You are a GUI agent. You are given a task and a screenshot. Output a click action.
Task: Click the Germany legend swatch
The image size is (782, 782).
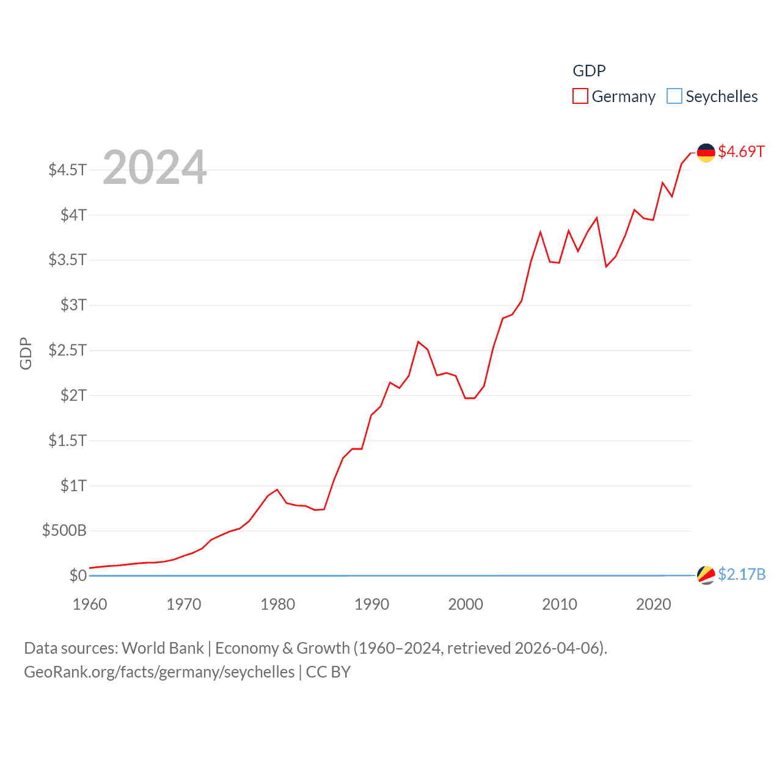[x=580, y=97]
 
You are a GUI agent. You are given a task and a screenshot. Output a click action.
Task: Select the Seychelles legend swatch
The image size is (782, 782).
[x=674, y=97]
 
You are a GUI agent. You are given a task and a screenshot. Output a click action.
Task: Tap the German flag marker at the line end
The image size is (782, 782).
[x=706, y=152]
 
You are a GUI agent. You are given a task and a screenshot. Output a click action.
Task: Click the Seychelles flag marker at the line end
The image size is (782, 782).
[x=706, y=575]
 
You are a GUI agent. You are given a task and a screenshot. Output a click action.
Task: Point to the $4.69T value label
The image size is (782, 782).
[x=741, y=152]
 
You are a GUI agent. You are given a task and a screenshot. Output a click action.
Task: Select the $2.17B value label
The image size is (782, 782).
[x=742, y=574]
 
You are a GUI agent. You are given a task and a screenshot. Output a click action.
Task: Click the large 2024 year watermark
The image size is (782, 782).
[x=155, y=167]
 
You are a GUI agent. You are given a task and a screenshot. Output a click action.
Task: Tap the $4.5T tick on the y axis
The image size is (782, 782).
[x=68, y=169]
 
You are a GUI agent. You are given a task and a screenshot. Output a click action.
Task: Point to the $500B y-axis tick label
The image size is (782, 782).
[x=64, y=530]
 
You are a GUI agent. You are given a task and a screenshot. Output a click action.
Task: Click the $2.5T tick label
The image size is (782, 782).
[x=68, y=350]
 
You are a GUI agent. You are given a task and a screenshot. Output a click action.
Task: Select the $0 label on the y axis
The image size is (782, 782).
[x=78, y=576]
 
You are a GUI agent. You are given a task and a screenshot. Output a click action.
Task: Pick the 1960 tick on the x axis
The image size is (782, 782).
[x=90, y=604]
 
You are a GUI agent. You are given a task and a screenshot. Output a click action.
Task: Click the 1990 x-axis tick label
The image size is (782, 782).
[x=371, y=604]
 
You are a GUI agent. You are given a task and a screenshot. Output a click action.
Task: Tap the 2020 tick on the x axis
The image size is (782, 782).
[x=653, y=604]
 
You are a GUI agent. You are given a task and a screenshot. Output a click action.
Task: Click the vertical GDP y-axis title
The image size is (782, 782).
[x=26, y=353]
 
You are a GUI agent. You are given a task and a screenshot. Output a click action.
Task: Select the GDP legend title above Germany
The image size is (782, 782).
[x=589, y=71]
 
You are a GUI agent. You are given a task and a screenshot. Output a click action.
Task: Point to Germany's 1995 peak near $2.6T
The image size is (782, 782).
[x=418, y=342]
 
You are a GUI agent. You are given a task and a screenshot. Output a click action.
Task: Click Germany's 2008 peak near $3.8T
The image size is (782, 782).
[x=541, y=232]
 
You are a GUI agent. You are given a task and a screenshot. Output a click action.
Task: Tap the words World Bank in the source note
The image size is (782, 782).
[x=163, y=648]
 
